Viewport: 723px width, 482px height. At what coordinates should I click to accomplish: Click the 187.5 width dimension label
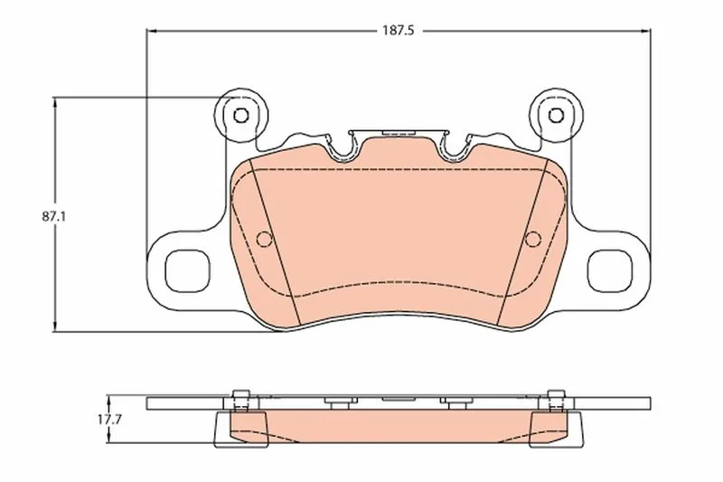(399, 31)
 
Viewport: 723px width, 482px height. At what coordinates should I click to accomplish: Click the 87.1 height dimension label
(54, 216)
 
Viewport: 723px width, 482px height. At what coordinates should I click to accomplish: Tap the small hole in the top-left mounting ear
(240, 115)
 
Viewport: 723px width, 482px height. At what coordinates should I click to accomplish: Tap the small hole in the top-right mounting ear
(556, 115)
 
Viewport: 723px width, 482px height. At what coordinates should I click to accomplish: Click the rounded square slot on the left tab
(188, 270)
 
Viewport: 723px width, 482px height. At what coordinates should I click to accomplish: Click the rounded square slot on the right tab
(609, 270)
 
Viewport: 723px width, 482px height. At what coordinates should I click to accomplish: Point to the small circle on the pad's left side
(264, 239)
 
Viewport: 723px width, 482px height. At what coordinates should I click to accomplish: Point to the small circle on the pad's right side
(533, 239)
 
